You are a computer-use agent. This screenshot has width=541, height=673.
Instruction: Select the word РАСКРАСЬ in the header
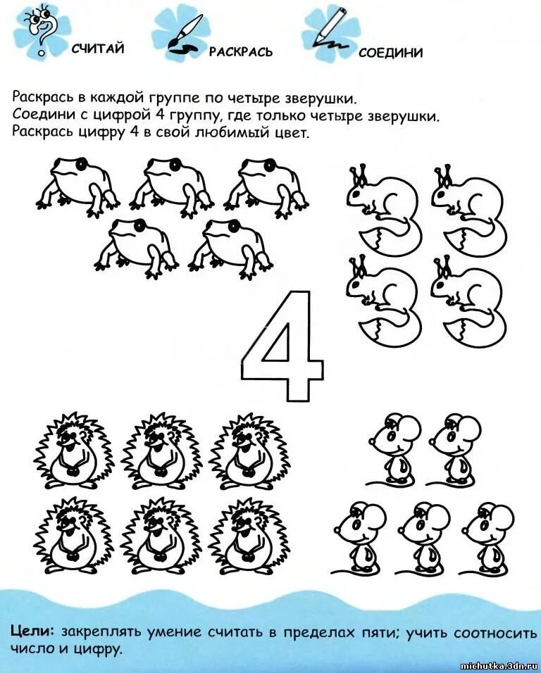240,52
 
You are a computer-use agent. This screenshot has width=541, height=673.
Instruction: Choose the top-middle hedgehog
160,450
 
